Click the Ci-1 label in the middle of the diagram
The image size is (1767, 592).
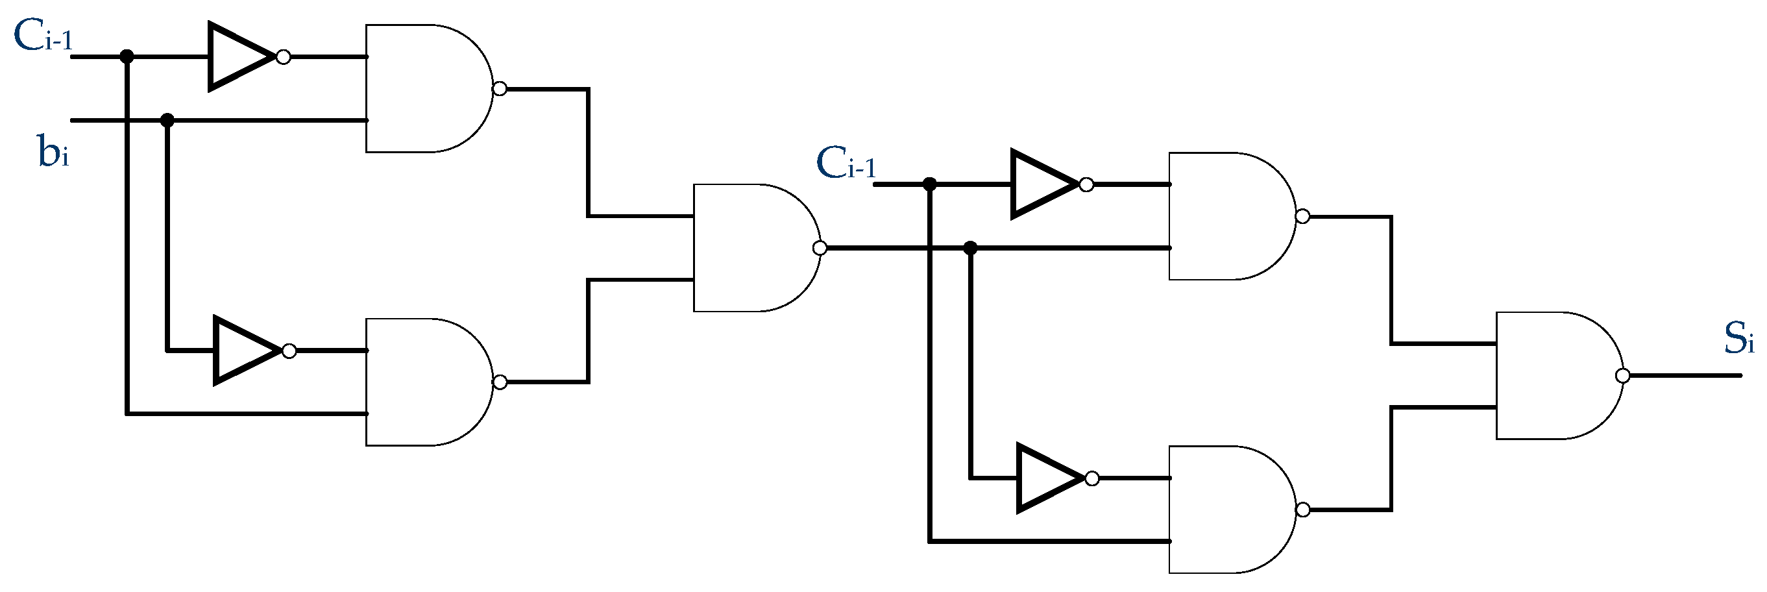(x=846, y=164)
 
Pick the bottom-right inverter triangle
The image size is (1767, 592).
(x=1048, y=478)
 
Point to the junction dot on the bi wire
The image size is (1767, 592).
(x=167, y=121)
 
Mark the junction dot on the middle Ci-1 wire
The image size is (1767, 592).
(x=929, y=184)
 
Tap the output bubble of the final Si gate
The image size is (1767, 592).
(x=1622, y=376)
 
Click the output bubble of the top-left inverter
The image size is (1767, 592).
(x=284, y=57)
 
